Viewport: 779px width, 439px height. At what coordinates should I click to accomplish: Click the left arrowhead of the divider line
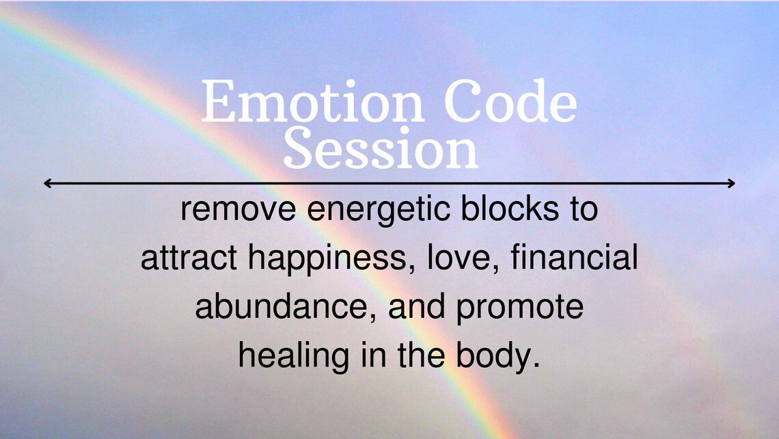[46, 183]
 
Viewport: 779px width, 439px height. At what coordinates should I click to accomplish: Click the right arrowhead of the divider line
[732, 183]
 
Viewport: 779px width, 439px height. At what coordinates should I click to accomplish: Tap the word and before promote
[418, 308]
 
